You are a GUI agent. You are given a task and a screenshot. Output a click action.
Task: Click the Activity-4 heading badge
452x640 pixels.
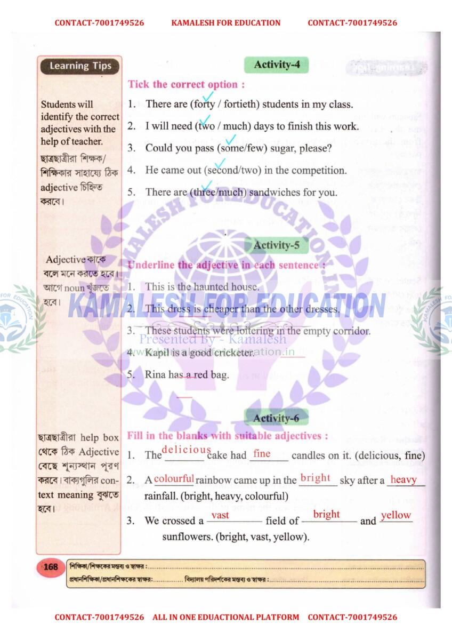point(277,65)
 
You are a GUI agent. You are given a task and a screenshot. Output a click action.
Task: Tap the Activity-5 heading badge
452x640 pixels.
point(277,245)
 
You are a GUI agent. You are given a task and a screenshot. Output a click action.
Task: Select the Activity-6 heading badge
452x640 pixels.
point(276,418)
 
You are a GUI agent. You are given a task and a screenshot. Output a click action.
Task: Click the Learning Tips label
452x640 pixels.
point(80,66)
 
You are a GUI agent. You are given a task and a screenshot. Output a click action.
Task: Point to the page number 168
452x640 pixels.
point(51,566)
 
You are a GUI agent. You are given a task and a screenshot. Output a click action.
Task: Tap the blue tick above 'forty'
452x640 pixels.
point(207,96)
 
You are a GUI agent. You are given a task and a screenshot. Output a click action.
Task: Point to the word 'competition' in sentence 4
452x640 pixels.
point(319,170)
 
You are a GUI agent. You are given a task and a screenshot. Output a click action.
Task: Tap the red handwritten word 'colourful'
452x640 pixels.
point(174,478)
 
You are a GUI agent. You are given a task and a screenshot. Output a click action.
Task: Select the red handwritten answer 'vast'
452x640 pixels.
point(220,515)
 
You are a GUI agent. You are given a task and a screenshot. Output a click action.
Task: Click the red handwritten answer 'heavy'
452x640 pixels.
point(403,479)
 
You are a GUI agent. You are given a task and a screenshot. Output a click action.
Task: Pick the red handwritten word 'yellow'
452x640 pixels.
point(396,515)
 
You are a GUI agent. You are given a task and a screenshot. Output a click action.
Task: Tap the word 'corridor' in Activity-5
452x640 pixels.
point(349,331)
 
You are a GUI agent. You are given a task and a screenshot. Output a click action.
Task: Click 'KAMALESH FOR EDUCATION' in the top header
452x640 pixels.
point(225,23)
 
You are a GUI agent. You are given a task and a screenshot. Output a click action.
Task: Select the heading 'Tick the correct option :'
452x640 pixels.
point(186,84)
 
